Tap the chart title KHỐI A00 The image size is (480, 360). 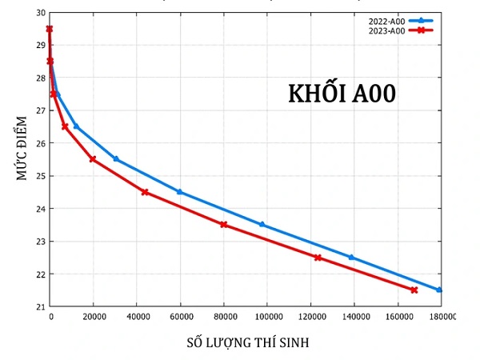coord(342,94)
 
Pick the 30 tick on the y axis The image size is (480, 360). coord(41,13)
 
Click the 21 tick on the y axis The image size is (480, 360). coord(41,306)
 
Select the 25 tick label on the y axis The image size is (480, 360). coord(41,176)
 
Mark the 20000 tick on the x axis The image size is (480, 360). coord(94,317)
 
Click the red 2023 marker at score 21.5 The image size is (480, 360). coord(414,290)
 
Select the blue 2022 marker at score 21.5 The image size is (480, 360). coord(438,290)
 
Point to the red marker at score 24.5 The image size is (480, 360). coord(145,192)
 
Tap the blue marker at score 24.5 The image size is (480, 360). coord(179,192)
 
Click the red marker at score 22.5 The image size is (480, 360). coord(318,258)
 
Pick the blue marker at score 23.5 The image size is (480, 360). coord(262,225)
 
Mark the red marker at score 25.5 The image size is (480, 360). coord(93,159)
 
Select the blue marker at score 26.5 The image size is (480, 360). coord(76,126)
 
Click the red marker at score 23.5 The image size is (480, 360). coord(224,225)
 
